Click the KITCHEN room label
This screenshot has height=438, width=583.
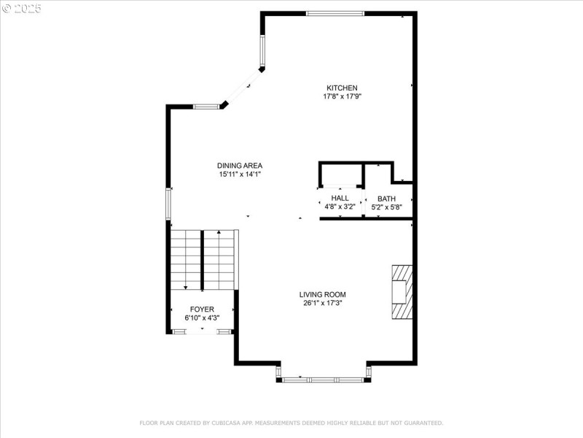point(341,88)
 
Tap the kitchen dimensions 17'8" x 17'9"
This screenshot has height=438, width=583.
point(342,96)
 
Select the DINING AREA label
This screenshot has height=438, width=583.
point(240,166)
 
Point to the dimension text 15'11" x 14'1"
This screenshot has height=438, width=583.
point(240,174)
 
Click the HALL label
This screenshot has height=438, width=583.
point(340,198)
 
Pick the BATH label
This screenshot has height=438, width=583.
point(386,199)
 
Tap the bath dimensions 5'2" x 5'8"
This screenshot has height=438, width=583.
point(386,207)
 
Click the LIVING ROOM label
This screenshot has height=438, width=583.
point(322,295)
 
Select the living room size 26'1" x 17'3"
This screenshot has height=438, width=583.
point(322,303)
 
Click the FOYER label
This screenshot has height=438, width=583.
point(203,310)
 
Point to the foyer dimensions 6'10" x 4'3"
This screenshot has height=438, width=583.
point(203,318)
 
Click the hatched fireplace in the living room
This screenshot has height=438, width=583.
point(401,292)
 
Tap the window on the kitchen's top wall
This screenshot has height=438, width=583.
point(334,13)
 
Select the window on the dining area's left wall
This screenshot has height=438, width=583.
point(168,204)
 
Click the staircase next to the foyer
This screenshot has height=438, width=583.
point(204,260)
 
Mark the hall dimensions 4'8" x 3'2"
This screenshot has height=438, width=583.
point(340,207)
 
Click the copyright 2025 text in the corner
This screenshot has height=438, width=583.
point(22,8)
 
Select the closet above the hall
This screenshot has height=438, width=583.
point(341,175)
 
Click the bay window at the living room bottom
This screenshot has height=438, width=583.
point(324,380)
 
